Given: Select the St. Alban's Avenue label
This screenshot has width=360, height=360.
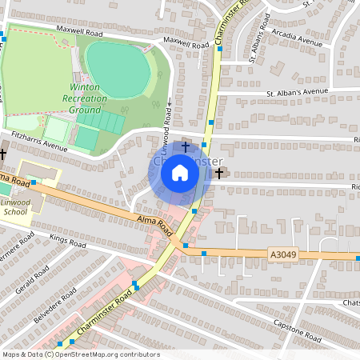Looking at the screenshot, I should click(298, 93).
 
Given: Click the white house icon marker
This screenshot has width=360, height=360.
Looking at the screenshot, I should click(180, 172).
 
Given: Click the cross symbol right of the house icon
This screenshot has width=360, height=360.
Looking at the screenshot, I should click(219, 172).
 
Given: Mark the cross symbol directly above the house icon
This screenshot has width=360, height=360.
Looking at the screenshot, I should click(186, 147).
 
